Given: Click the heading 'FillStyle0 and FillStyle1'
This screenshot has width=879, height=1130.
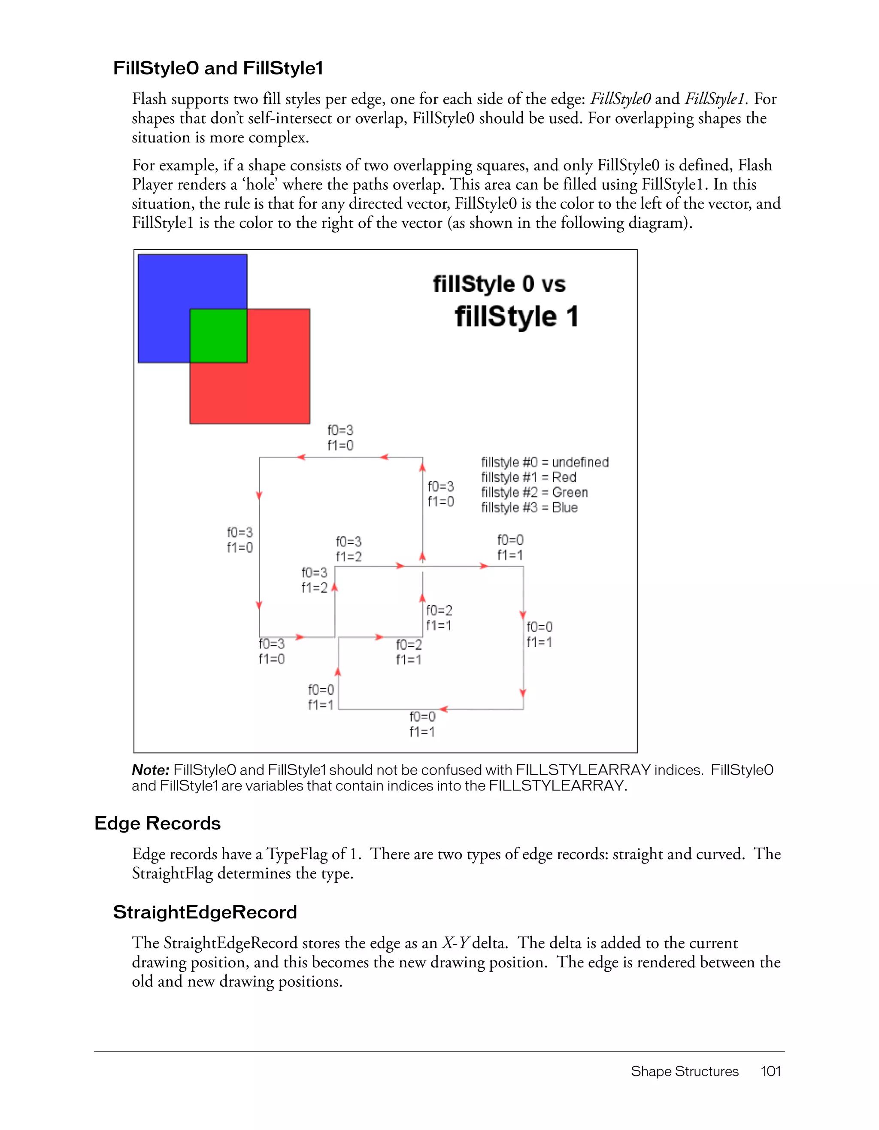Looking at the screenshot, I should point(218,68).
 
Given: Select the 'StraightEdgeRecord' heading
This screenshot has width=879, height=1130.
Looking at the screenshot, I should point(205,912).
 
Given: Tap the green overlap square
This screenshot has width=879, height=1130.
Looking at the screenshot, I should point(218,335).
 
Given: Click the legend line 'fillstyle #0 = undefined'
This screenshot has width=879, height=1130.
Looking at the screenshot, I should point(545,462).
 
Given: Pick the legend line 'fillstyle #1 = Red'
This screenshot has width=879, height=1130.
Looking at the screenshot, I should point(528,477).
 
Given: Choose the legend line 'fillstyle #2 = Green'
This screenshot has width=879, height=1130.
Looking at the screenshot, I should point(534,492).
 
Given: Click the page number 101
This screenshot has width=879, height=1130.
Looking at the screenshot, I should point(770,1071).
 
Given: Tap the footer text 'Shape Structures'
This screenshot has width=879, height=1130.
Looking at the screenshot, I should point(685,1071).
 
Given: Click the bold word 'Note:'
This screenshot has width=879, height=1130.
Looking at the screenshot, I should point(151,770).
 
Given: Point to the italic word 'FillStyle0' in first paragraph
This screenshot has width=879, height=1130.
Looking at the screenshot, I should point(620,99).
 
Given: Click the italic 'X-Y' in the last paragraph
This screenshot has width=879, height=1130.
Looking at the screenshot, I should point(455,943).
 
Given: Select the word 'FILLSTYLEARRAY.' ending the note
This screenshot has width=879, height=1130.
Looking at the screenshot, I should point(558,786).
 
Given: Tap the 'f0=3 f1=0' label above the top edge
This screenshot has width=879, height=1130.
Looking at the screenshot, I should point(340,438).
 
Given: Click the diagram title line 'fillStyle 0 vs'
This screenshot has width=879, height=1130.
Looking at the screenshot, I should point(499,284).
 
